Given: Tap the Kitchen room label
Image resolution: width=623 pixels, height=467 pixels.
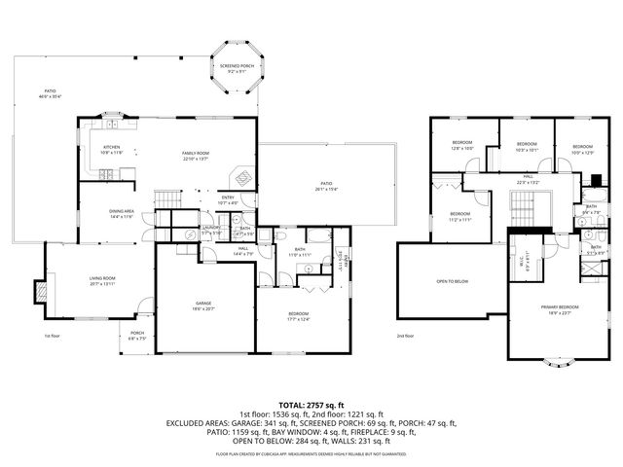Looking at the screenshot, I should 112,150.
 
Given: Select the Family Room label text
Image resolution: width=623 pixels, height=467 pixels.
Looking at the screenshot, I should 196,156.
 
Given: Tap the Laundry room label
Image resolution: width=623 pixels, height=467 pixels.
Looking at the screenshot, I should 211,232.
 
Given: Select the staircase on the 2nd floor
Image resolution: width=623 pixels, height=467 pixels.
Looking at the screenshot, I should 526,206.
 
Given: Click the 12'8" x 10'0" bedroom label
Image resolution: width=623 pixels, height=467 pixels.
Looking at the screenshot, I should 461,146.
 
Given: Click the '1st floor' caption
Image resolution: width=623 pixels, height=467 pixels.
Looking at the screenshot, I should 52,337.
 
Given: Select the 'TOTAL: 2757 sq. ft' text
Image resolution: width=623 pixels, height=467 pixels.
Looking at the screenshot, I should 311,403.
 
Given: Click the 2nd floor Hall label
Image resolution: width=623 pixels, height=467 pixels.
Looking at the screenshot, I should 527,181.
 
